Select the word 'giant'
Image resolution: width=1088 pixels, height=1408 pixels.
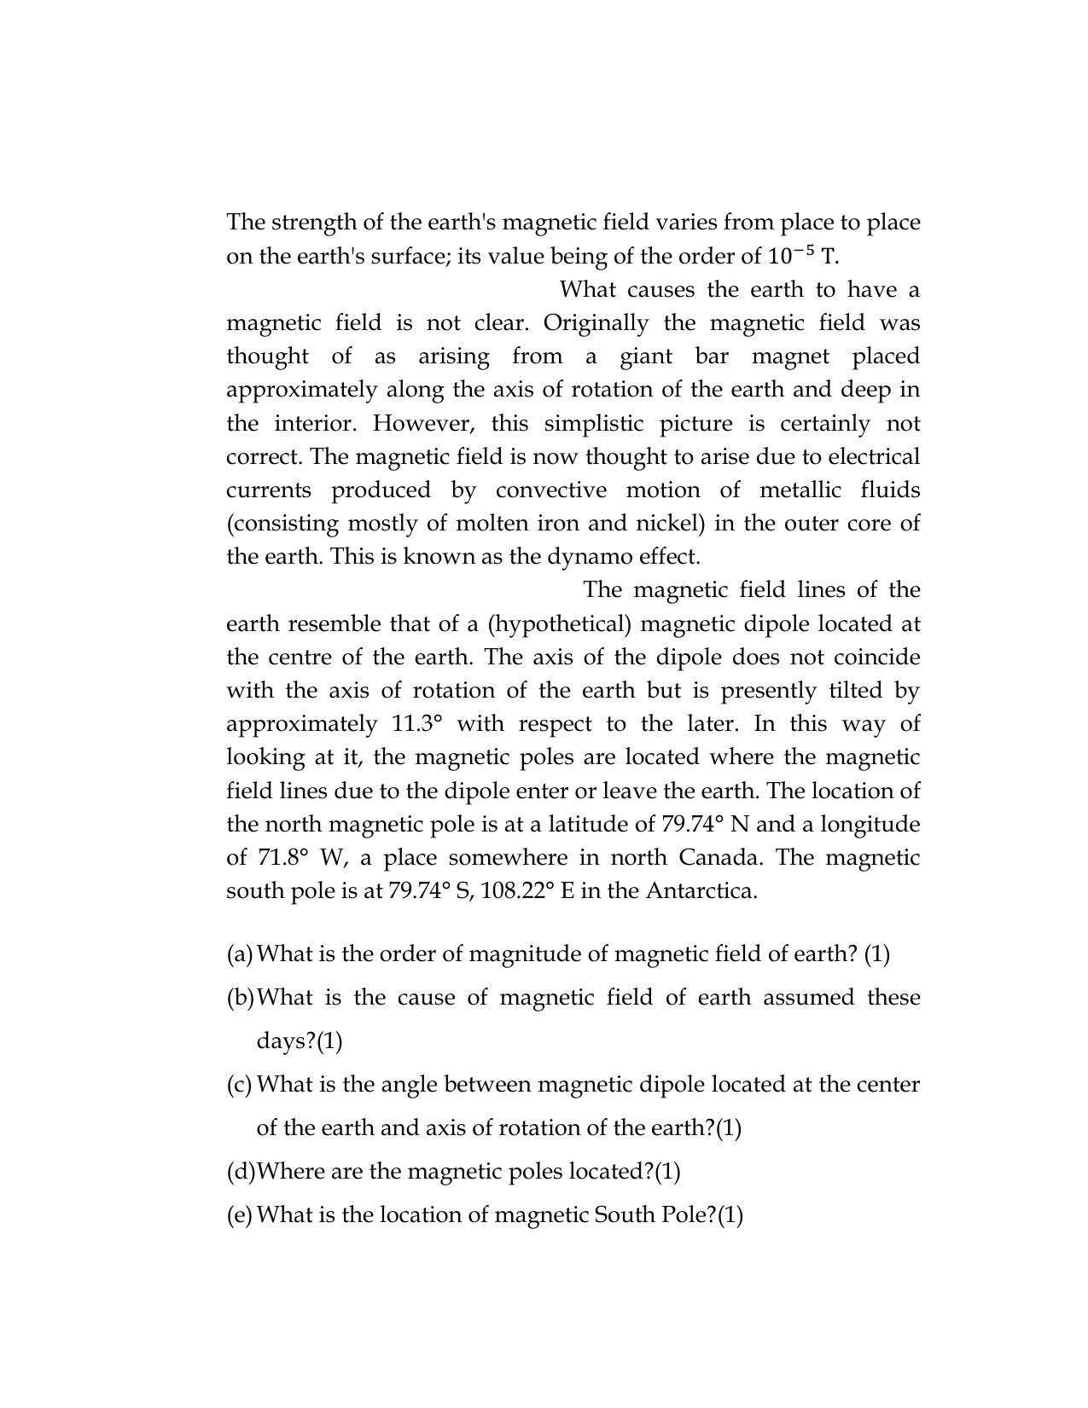646,356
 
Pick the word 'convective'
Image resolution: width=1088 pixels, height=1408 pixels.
551,490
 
